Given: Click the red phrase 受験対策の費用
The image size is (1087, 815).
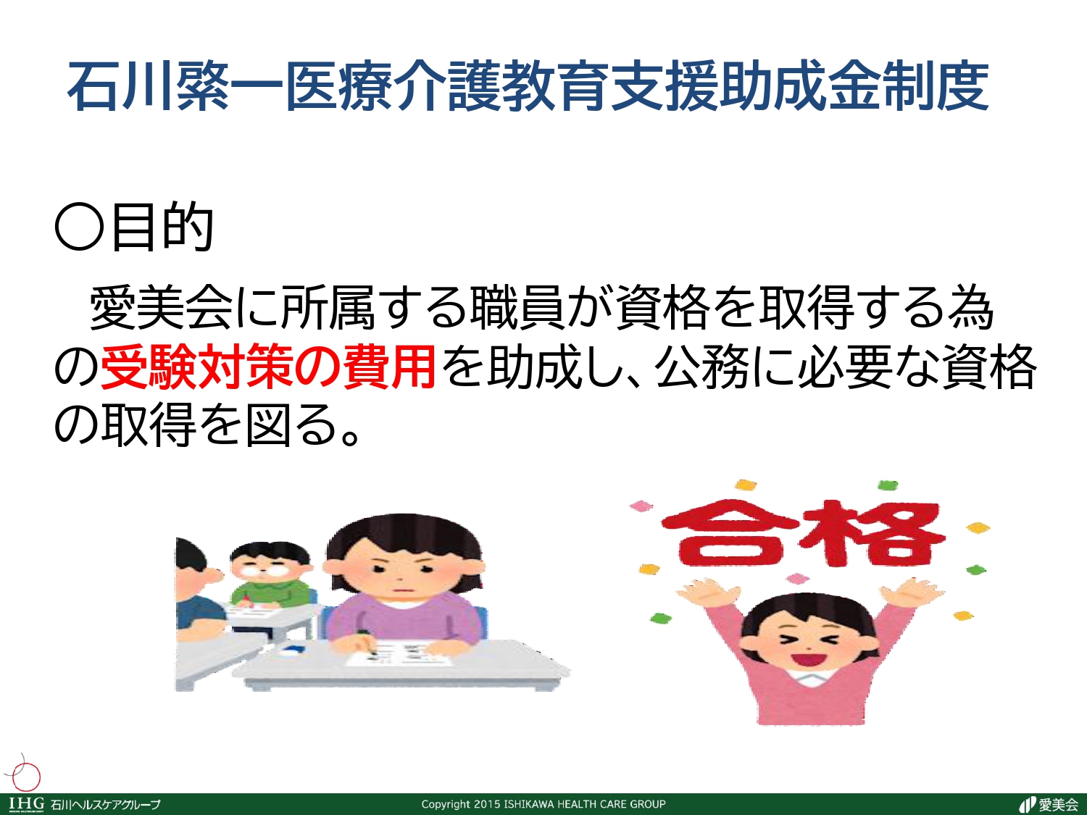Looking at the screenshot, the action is click(x=268, y=367).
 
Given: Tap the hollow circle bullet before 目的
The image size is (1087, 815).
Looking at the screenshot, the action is click(x=79, y=227).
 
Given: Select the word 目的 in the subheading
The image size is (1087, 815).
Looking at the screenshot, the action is click(x=162, y=227).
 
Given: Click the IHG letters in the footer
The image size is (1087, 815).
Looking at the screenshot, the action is click(x=26, y=803).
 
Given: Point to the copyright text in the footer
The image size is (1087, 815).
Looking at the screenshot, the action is click(x=543, y=804).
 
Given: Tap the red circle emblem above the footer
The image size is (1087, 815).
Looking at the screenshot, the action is click(x=26, y=776).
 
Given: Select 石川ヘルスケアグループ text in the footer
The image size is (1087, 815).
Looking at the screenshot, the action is click(x=106, y=805).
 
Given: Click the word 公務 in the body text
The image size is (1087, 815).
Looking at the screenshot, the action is click(x=701, y=367).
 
